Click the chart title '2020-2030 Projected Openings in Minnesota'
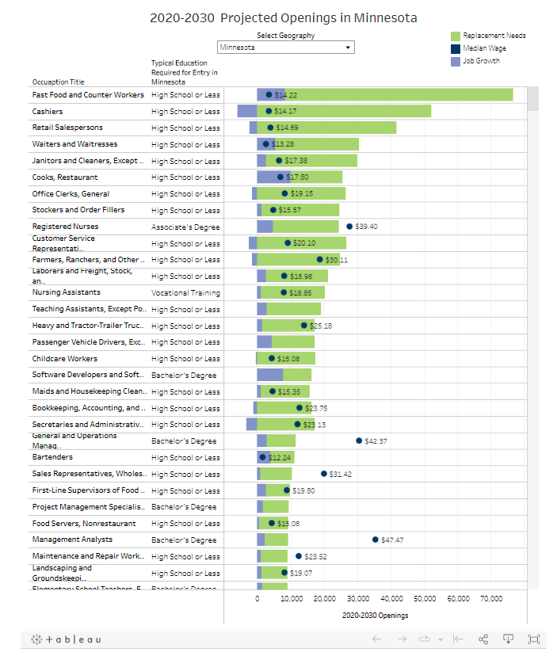pos(284,17)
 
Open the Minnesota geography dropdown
pos(286,48)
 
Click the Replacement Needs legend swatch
pos(456,36)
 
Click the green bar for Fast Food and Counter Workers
pos(396,95)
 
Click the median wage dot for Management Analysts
pos(376,540)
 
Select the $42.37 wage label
pos(376,441)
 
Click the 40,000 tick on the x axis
pos(391,599)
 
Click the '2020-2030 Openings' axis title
pos(375,615)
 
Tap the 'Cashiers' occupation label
pos(48,111)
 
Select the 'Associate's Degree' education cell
pos(186,227)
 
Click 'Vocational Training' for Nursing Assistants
pos(186,293)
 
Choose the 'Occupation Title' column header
pos(58,82)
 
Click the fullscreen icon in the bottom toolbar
pos(533,639)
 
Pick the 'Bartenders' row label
pos(52,457)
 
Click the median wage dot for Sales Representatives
pos(324,474)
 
